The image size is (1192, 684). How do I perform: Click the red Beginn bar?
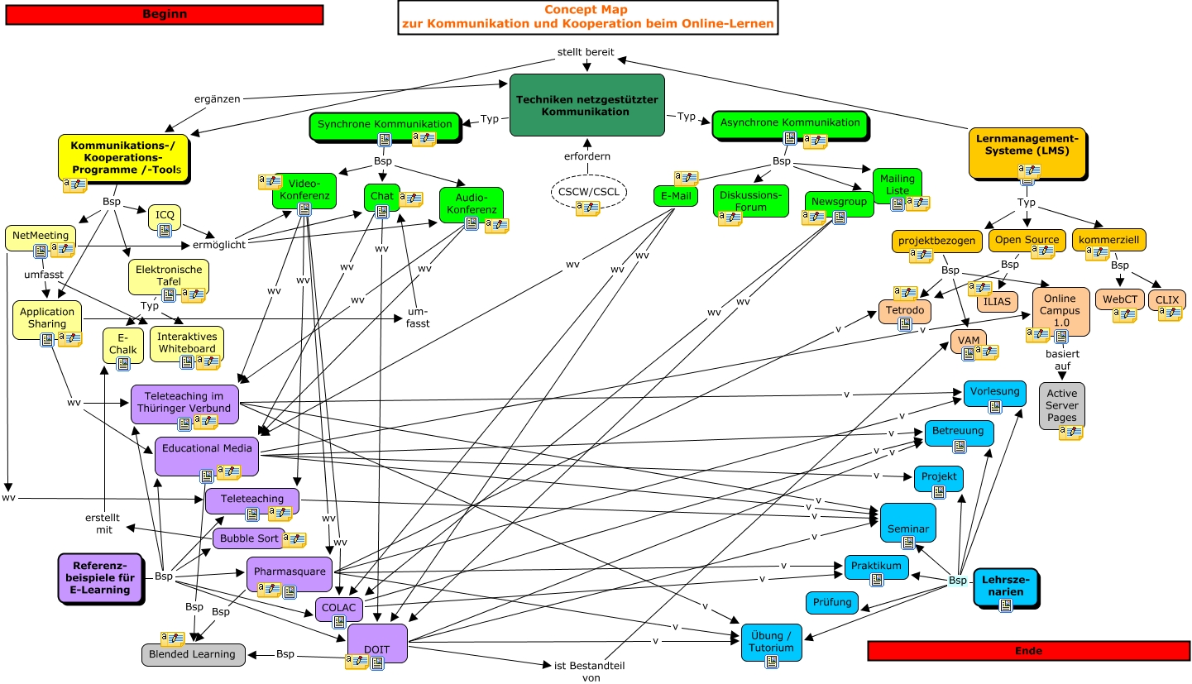164,14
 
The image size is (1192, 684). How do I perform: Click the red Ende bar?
1028,651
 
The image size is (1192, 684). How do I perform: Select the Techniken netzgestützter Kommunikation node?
587,105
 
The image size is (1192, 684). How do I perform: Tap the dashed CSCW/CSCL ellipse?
589,192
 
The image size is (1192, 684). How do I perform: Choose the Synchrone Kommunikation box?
385,125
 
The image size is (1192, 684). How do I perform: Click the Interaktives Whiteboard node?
187,343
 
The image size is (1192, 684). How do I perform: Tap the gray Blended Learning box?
193,654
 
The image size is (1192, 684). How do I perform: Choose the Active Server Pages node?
1062,405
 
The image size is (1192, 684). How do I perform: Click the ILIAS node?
998,302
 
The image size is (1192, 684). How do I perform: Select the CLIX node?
1166,299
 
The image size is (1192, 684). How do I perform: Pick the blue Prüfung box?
832,602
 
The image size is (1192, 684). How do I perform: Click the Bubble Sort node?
249,538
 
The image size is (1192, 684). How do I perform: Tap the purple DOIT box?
377,642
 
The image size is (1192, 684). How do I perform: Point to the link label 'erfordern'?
587,156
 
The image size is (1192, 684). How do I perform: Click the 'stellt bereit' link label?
586,52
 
